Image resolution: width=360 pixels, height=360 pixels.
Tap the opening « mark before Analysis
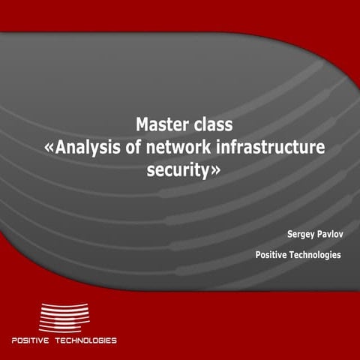click(x=49, y=148)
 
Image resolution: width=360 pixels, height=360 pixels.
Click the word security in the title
click(x=178, y=171)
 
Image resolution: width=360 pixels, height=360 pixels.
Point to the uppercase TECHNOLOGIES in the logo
click(x=88, y=340)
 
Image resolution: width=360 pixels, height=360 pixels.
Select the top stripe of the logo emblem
click(x=63, y=305)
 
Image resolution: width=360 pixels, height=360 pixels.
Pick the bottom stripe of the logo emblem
click(x=63, y=331)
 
